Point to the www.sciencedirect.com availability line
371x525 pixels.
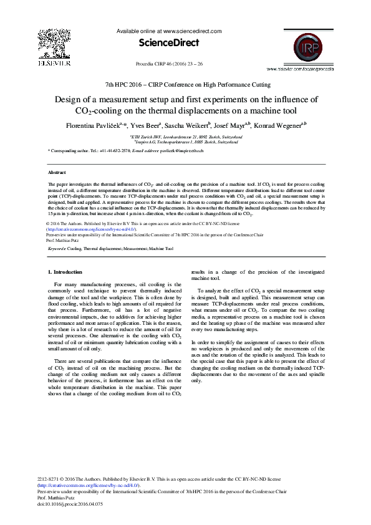pos(169,30)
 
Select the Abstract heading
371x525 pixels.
pos(57,171)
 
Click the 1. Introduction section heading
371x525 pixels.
pos(65,272)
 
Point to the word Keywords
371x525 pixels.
pos(57,248)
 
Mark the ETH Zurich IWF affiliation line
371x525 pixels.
pos(186,136)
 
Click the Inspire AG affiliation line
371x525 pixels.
pos(186,142)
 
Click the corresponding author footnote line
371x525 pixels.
pos(135,152)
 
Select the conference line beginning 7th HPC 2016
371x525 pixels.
pos(185,84)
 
